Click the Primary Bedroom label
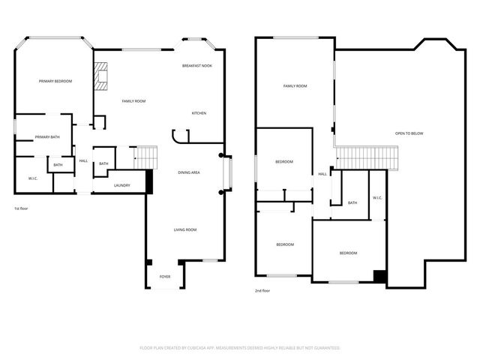[55, 81]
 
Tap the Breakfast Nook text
[198, 66]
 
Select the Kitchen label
[199, 113]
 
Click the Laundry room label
[122, 185]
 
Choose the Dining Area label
[188, 172]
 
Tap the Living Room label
[185, 229]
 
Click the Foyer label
[164, 277]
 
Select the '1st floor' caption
[22, 208]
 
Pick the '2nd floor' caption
[262, 290]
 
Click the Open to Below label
[409, 133]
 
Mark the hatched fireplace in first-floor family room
[101, 76]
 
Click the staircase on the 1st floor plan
[147, 158]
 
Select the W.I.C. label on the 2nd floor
[377, 198]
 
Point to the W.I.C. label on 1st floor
[33, 178]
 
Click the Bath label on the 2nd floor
[352, 202]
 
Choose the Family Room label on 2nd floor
[295, 86]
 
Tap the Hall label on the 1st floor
[83, 160]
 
